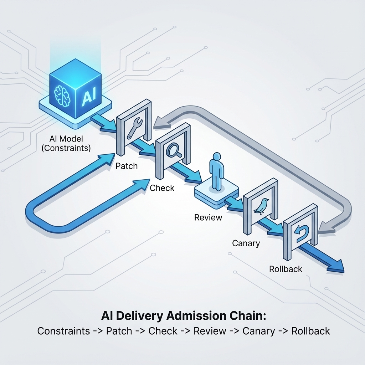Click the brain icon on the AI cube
pos(62,96)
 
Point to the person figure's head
pos(217,156)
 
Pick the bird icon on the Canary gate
pos(261,206)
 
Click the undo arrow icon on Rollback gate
pos(301,232)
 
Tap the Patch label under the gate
pos(127,166)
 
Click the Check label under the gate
pos(162,188)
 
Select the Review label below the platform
pos(208,217)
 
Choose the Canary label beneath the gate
pos(246,243)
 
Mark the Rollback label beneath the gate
pos(286,269)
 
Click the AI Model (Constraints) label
pos(66,143)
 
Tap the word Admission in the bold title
pos(198,316)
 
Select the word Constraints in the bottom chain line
pos(63,331)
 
